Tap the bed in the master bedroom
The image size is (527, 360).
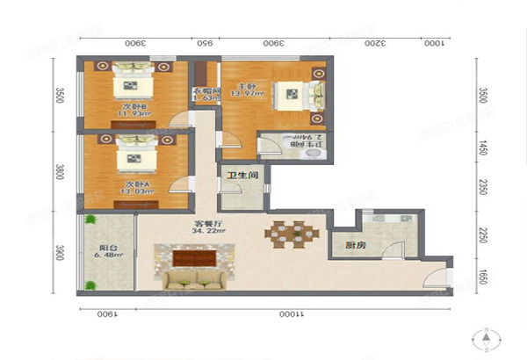292,92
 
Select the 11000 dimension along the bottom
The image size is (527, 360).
281,313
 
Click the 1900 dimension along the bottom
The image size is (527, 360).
106,313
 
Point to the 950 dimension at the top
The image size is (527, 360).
203,42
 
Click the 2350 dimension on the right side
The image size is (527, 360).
484,187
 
